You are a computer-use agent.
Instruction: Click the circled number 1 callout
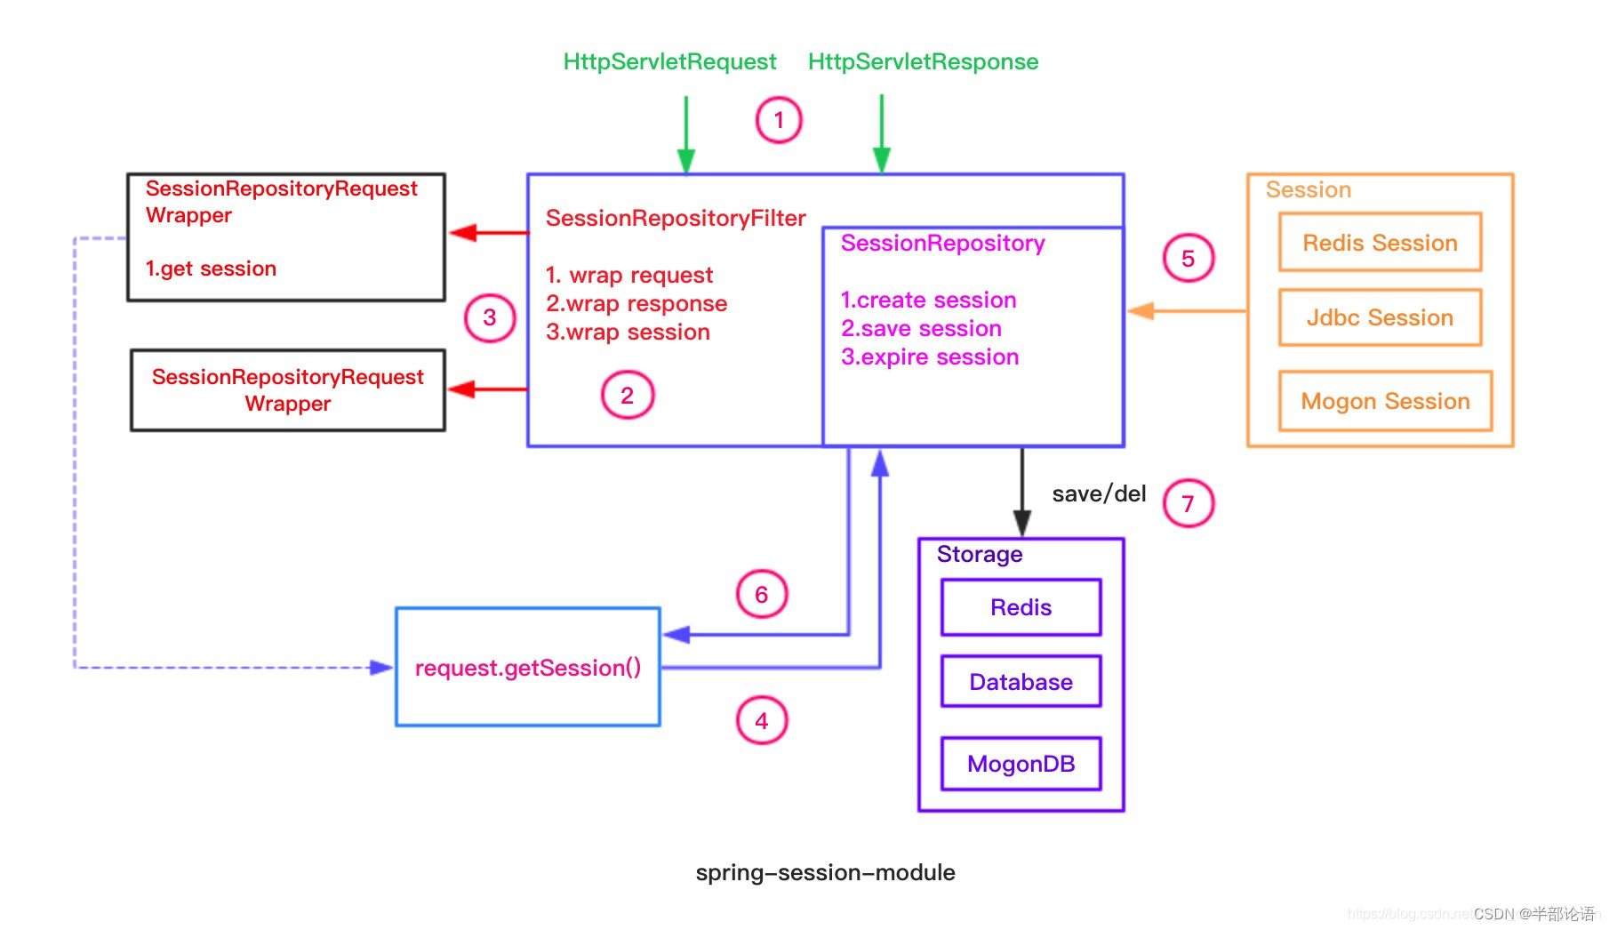[779, 120]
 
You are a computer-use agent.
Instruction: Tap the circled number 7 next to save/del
[1188, 504]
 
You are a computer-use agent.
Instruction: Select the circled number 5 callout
[1188, 259]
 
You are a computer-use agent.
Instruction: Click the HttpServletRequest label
[669, 61]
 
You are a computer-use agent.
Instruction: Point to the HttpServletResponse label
[923, 61]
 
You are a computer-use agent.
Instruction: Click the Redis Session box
[1380, 243]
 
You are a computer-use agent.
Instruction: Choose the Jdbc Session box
[1380, 317]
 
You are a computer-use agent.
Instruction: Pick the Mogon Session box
[1385, 401]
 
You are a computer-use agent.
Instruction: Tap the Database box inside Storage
[1021, 682]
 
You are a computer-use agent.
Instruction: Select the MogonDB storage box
[1021, 764]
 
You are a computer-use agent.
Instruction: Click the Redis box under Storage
[1021, 607]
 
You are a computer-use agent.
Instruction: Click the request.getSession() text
[528, 668]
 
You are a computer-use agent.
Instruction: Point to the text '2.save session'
[921, 328]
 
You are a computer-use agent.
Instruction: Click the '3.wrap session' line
[628, 332]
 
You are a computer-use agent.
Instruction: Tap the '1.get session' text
[211, 269]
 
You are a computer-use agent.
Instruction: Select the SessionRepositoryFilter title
[676, 218]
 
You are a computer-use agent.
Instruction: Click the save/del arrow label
[1099, 493]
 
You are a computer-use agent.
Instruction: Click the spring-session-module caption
[825, 872]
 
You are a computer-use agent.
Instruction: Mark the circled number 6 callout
[762, 595]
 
